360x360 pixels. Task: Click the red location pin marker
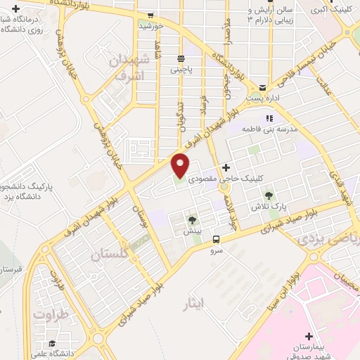[x=181, y=165]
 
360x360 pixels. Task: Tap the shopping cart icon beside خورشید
[x=150, y=15]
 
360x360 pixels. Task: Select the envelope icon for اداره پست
[x=262, y=88]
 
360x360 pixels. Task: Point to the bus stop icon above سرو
[x=216, y=238]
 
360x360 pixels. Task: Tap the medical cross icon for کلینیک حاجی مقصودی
[x=226, y=168]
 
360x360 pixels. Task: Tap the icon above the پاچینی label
[x=181, y=59]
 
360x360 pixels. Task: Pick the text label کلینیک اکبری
[x=328, y=11]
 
